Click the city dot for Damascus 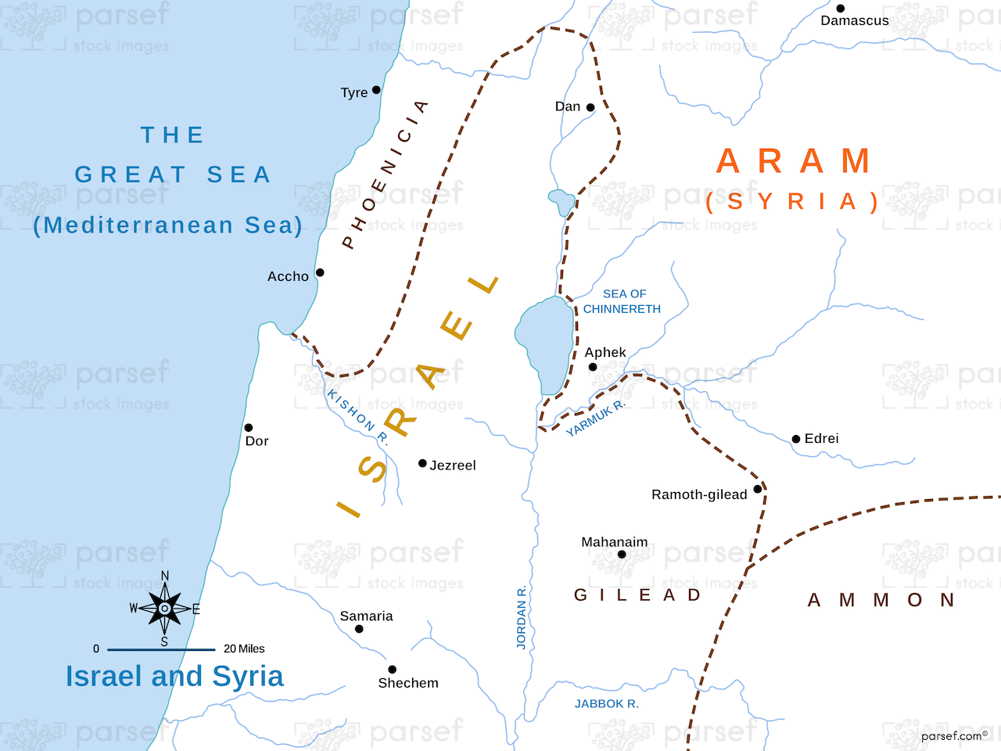click(841, 9)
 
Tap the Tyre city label click(354, 92)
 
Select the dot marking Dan click(590, 107)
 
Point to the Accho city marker click(320, 272)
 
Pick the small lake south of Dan click(561, 201)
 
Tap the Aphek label click(605, 352)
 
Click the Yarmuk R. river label click(595, 419)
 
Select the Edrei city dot click(796, 439)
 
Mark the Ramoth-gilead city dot click(757, 490)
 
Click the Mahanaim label click(615, 541)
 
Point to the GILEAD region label click(637, 595)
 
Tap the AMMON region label click(881, 600)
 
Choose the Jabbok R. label click(607, 703)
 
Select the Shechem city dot click(393, 670)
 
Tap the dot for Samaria click(359, 629)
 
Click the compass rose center click(164, 609)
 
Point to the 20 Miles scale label click(244, 649)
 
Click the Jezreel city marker click(422, 463)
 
